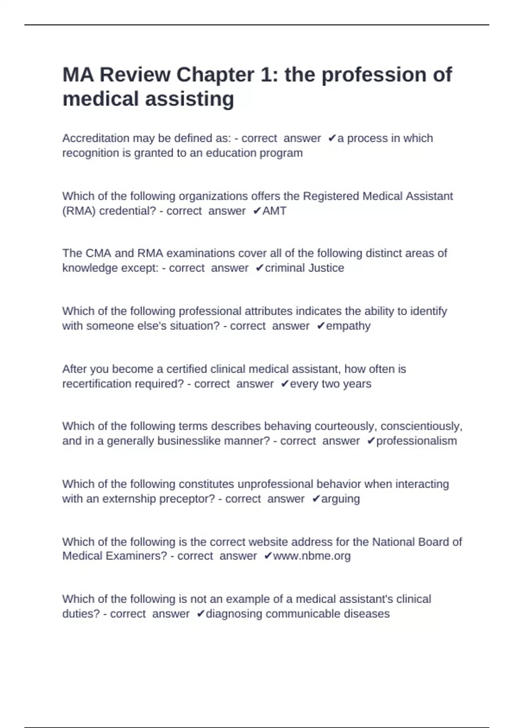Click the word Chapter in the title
tap(215, 75)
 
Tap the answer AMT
tap(274, 211)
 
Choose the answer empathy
tap(348, 326)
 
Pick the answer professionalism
tap(416, 441)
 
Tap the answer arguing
tap(341, 499)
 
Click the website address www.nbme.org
tap(312, 556)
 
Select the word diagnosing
tap(234, 614)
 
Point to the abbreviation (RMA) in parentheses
tap(79, 211)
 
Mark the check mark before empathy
tap(321, 326)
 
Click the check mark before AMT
tap(257, 211)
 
